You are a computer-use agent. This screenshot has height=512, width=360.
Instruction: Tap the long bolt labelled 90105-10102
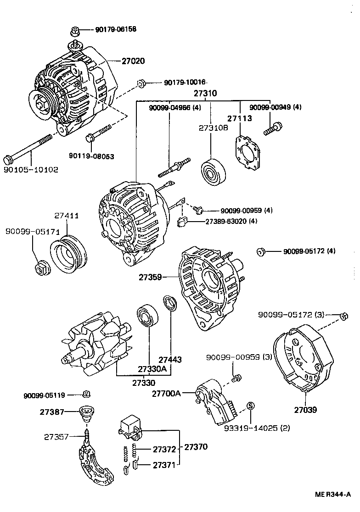pyautogui.click(x=32, y=147)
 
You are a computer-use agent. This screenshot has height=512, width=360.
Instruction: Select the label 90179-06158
pyautogui.click(x=116, y=30)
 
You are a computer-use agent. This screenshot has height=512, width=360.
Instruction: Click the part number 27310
pyautogui.click(x=205, y=93)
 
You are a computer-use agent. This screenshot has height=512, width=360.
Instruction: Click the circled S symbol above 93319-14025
pyautogui.click(x=250, y=405)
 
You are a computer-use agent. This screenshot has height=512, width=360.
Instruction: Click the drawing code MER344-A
pyautogui.click(x=333, y=494)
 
